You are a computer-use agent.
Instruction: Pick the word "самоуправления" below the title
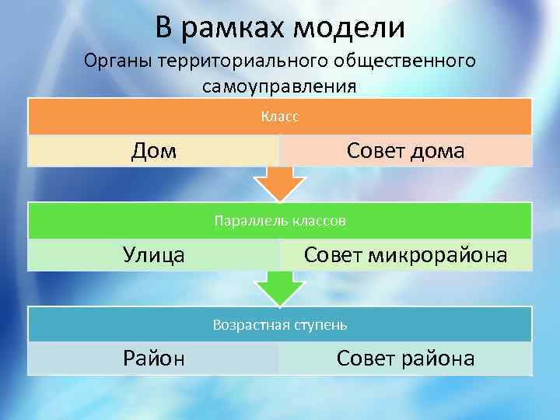click(279, 85)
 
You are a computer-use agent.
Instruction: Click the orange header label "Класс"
click(280, 117)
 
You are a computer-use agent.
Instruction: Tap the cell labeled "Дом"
click(153, 150)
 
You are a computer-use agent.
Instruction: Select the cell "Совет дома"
click(405, 150)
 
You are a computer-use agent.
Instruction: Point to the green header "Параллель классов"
click(280, 221)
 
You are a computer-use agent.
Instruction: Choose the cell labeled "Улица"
click(153, 254)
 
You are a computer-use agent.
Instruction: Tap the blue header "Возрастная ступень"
click(280, 324)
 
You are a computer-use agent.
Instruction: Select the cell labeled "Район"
click(153, 358)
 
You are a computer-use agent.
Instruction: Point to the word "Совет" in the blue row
click(366, 358)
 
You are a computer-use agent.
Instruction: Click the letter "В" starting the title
click(163, 28)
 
